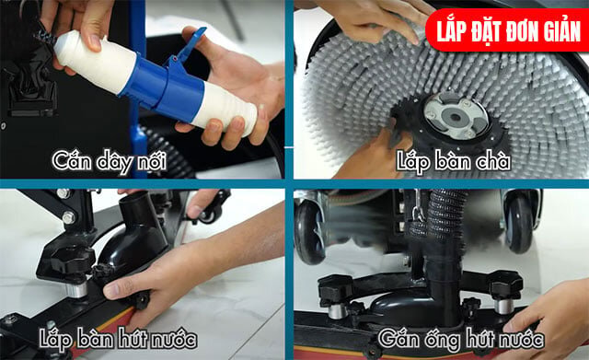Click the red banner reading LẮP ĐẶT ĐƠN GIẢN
[507, 30]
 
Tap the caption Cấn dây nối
[110, 161]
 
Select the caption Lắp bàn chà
[454, 161]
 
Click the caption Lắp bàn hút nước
[118, 339]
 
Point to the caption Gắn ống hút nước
[461, 339]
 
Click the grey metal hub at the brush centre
[456, 116]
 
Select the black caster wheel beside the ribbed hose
[519, 223]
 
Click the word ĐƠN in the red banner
[518, 30]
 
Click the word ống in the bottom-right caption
[443, 340]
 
